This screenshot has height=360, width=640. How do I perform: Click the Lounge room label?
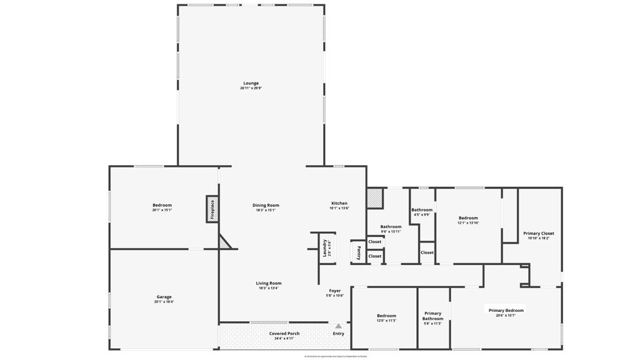[x=251, y=83]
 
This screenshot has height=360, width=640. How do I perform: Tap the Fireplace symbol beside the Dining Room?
[x=212, y=209]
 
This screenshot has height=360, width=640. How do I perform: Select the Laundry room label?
[x=325, y=247]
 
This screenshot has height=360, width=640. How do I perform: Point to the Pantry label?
[x=358, y=252]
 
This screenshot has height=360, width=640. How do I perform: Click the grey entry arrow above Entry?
[x=338, y=326]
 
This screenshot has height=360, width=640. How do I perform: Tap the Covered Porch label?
[x=284, y=333]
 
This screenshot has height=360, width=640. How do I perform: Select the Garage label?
[x=164, y=297]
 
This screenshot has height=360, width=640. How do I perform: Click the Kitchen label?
[x=339, y=203]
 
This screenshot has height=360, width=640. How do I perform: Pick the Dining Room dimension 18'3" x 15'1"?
[x=266, y=210]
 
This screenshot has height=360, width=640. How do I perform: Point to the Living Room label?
[x=269, y=283]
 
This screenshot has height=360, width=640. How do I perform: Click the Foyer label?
[x=335, y=291]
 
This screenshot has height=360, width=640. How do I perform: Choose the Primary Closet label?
[x=538, y=233]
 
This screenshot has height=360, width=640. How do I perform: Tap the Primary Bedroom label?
[x=506, y=310]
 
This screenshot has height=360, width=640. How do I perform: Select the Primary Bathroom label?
[x=432, y=316]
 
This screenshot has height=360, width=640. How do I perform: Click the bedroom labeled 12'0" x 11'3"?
[x=386, y=316]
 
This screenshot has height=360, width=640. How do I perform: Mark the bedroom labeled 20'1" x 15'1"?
[x=162, y=205]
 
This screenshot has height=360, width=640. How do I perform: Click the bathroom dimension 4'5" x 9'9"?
[x=422, y=214]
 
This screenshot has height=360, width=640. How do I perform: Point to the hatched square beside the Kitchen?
[x=374, y=199]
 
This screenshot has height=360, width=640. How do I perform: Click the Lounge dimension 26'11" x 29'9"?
[x=251, y=88]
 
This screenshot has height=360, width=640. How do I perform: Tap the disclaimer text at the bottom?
[x=336, y=356]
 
